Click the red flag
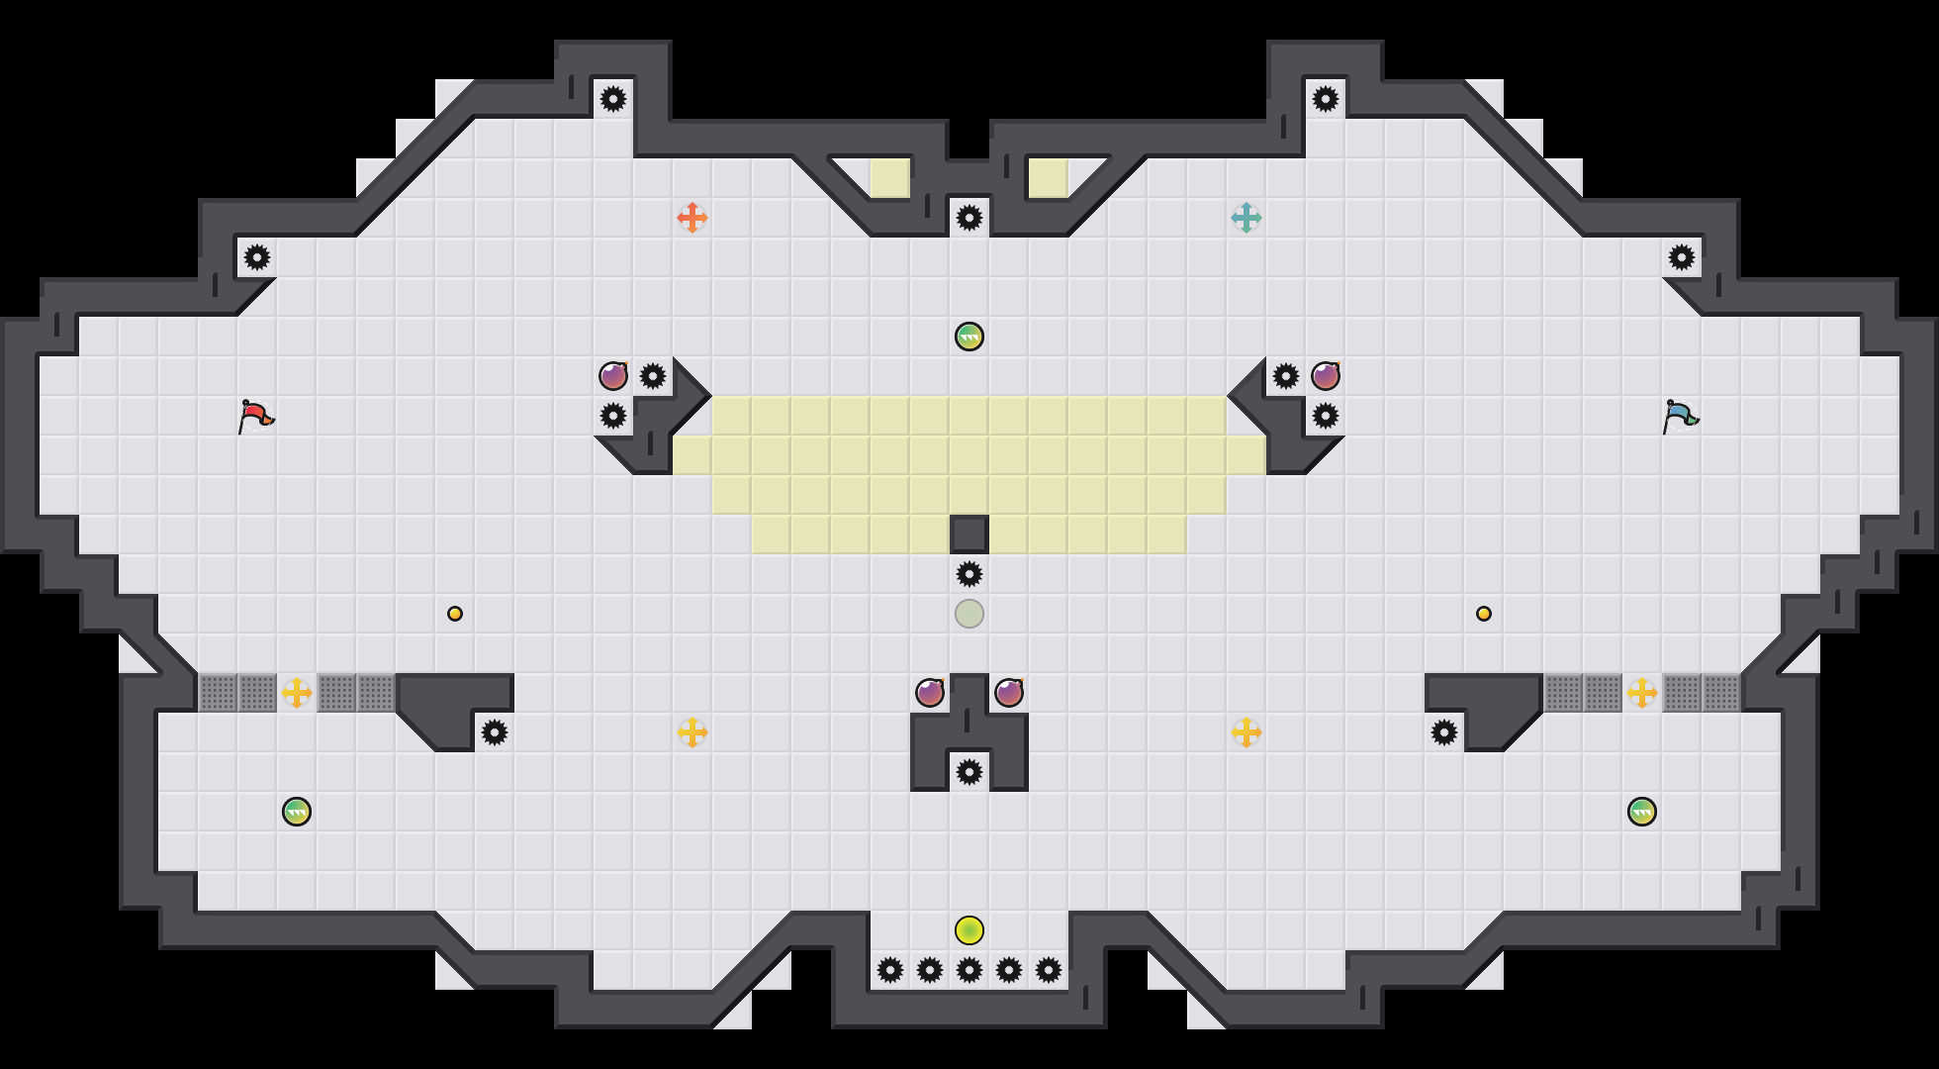(255, 416)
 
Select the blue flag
(1680, 416)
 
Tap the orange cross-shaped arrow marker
(692, 218)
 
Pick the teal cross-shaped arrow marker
(1246, 218)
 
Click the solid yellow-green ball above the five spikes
(969, 930)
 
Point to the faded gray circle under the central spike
(969, 614)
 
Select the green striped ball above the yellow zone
(969, 337)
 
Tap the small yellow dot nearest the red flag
(455, 614)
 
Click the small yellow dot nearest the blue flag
(1484, 614)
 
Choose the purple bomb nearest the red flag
(613, 376)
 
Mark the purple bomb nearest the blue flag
(1326, 376)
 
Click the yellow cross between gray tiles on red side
(297, 693)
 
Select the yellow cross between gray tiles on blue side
(1642, 693)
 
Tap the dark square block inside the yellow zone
(969, 534)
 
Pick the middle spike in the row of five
(969, 970)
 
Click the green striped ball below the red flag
(297, 812)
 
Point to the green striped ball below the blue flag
(1642, 812)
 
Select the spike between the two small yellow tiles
(969, 218)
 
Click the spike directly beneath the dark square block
(969, 574)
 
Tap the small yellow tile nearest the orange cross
(890, 178)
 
